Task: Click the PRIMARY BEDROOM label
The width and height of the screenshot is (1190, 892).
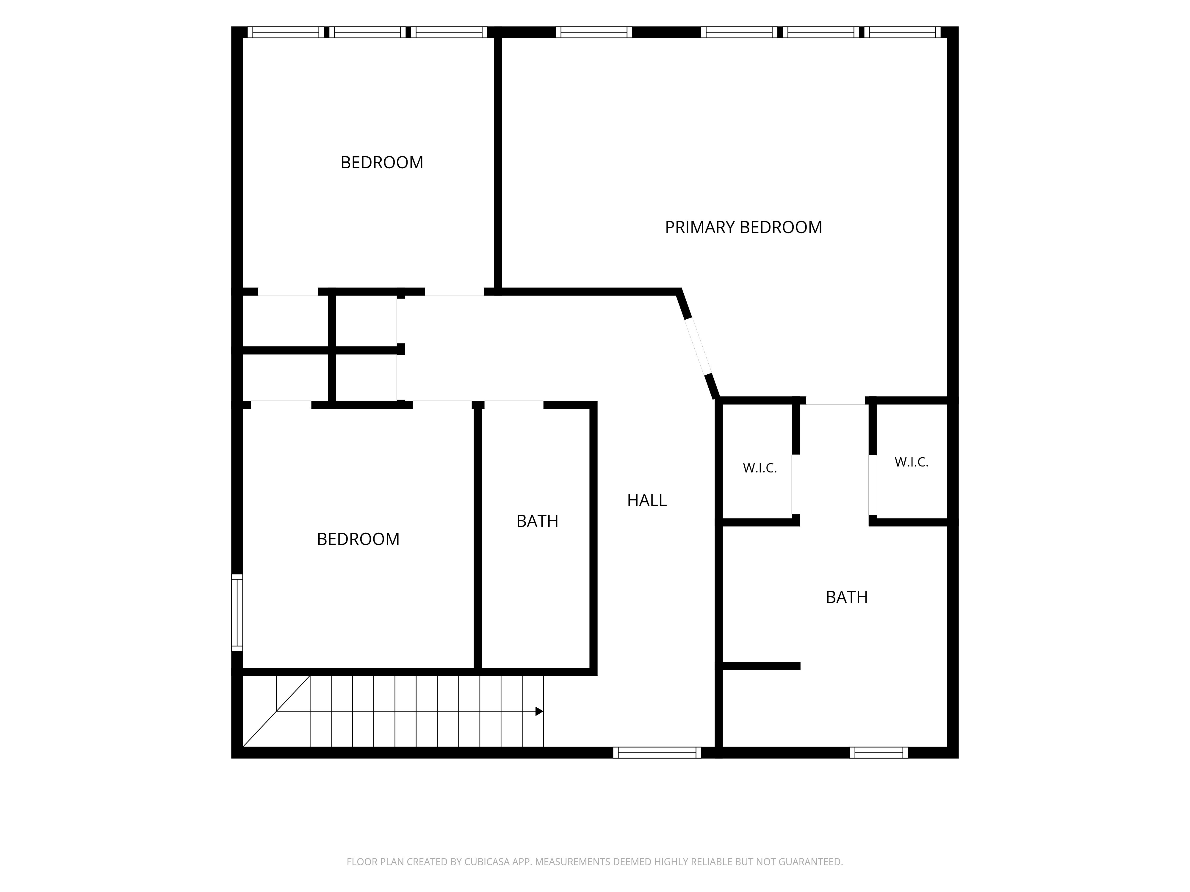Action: [743, 227]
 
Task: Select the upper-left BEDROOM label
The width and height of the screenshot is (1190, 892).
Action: [382, 162]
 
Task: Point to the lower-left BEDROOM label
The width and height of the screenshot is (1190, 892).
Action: [358, 539]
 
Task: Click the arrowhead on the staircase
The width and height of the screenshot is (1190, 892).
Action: [539, 711]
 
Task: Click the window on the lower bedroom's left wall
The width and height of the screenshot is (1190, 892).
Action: [237, 613]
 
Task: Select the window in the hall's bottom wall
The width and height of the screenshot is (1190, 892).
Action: [657, 753]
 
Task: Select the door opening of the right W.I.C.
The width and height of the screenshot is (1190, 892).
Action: [873, 486]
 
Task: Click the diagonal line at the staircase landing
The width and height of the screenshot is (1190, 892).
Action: [276, 711]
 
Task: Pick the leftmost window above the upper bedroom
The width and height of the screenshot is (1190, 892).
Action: [286, 32]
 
